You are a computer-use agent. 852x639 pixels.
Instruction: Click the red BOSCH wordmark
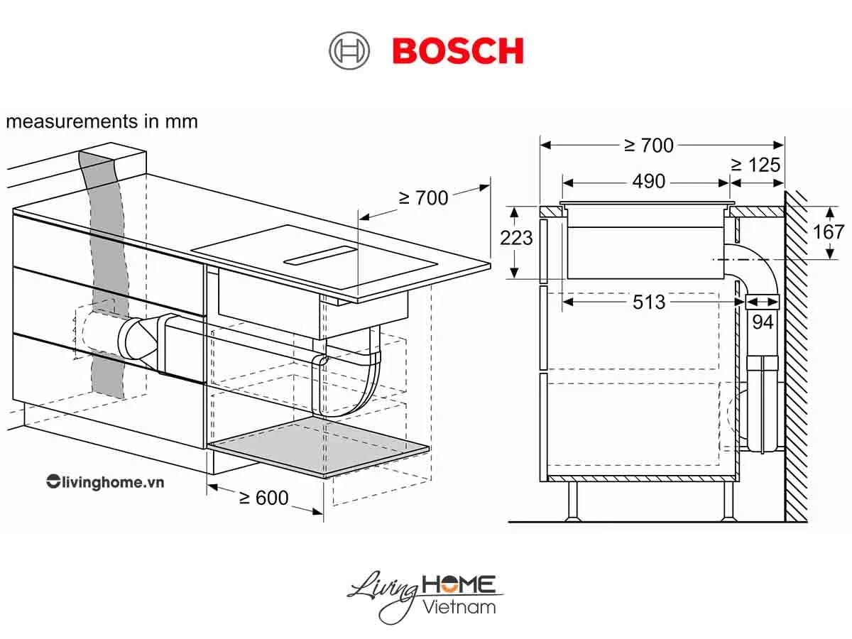pos(458,52)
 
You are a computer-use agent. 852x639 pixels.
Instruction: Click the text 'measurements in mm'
pos(102,121)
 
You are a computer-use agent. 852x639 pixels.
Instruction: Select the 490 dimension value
pos(649,182)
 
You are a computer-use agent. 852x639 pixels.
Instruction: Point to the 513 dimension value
pos(649,302)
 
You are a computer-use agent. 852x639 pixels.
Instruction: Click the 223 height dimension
pos(516,238)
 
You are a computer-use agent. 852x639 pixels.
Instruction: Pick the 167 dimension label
pos(829,232)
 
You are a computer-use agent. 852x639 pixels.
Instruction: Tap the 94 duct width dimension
pos(763,322)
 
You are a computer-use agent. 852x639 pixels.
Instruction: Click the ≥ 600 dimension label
pos(263,498)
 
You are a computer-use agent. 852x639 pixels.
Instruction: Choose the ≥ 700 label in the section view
pos(648,145)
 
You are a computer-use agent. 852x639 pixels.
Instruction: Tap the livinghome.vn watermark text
pos(105,482)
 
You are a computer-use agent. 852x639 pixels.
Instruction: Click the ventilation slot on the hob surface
pos(319,256)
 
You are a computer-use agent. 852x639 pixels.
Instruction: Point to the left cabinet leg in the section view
pos(572,501)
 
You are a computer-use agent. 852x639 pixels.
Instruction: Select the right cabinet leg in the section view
pos(729,501)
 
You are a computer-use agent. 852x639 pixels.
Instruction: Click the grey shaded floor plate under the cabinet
pos(319,447)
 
